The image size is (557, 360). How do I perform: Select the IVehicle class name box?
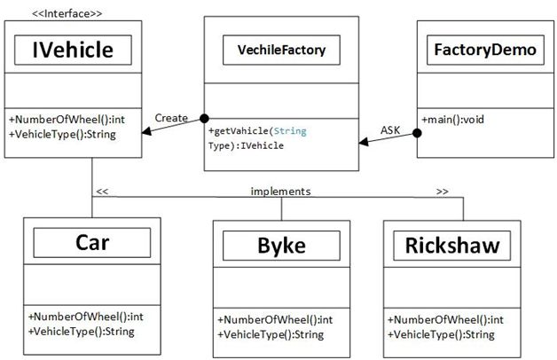pyautogui.click(x=73, y=51)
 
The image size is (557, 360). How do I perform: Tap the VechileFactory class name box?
pyautogui.click(x=280, y=51)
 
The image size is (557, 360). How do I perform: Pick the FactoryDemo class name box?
pyautogui.click(x=484, y=50)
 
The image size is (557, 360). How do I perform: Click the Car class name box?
pyautogui.click(x=92, y=242)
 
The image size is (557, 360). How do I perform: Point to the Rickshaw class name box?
pyautogui.click(x=453, y=244)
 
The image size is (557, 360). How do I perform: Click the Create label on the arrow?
pyautogui.click(x=171, y=117)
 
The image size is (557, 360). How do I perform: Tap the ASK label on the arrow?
pyautogui.click(x=390, y=129)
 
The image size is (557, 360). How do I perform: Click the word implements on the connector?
pyautogui.click(x=280, y=191)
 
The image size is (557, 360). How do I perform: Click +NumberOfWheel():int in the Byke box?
pyautogui.click(x=275, y=319)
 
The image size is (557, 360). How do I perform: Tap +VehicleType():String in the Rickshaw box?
pyautogui.click(x=440, y=334)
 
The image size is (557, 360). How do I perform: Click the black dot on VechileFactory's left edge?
pyautogui.click(x=204, y=117)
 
